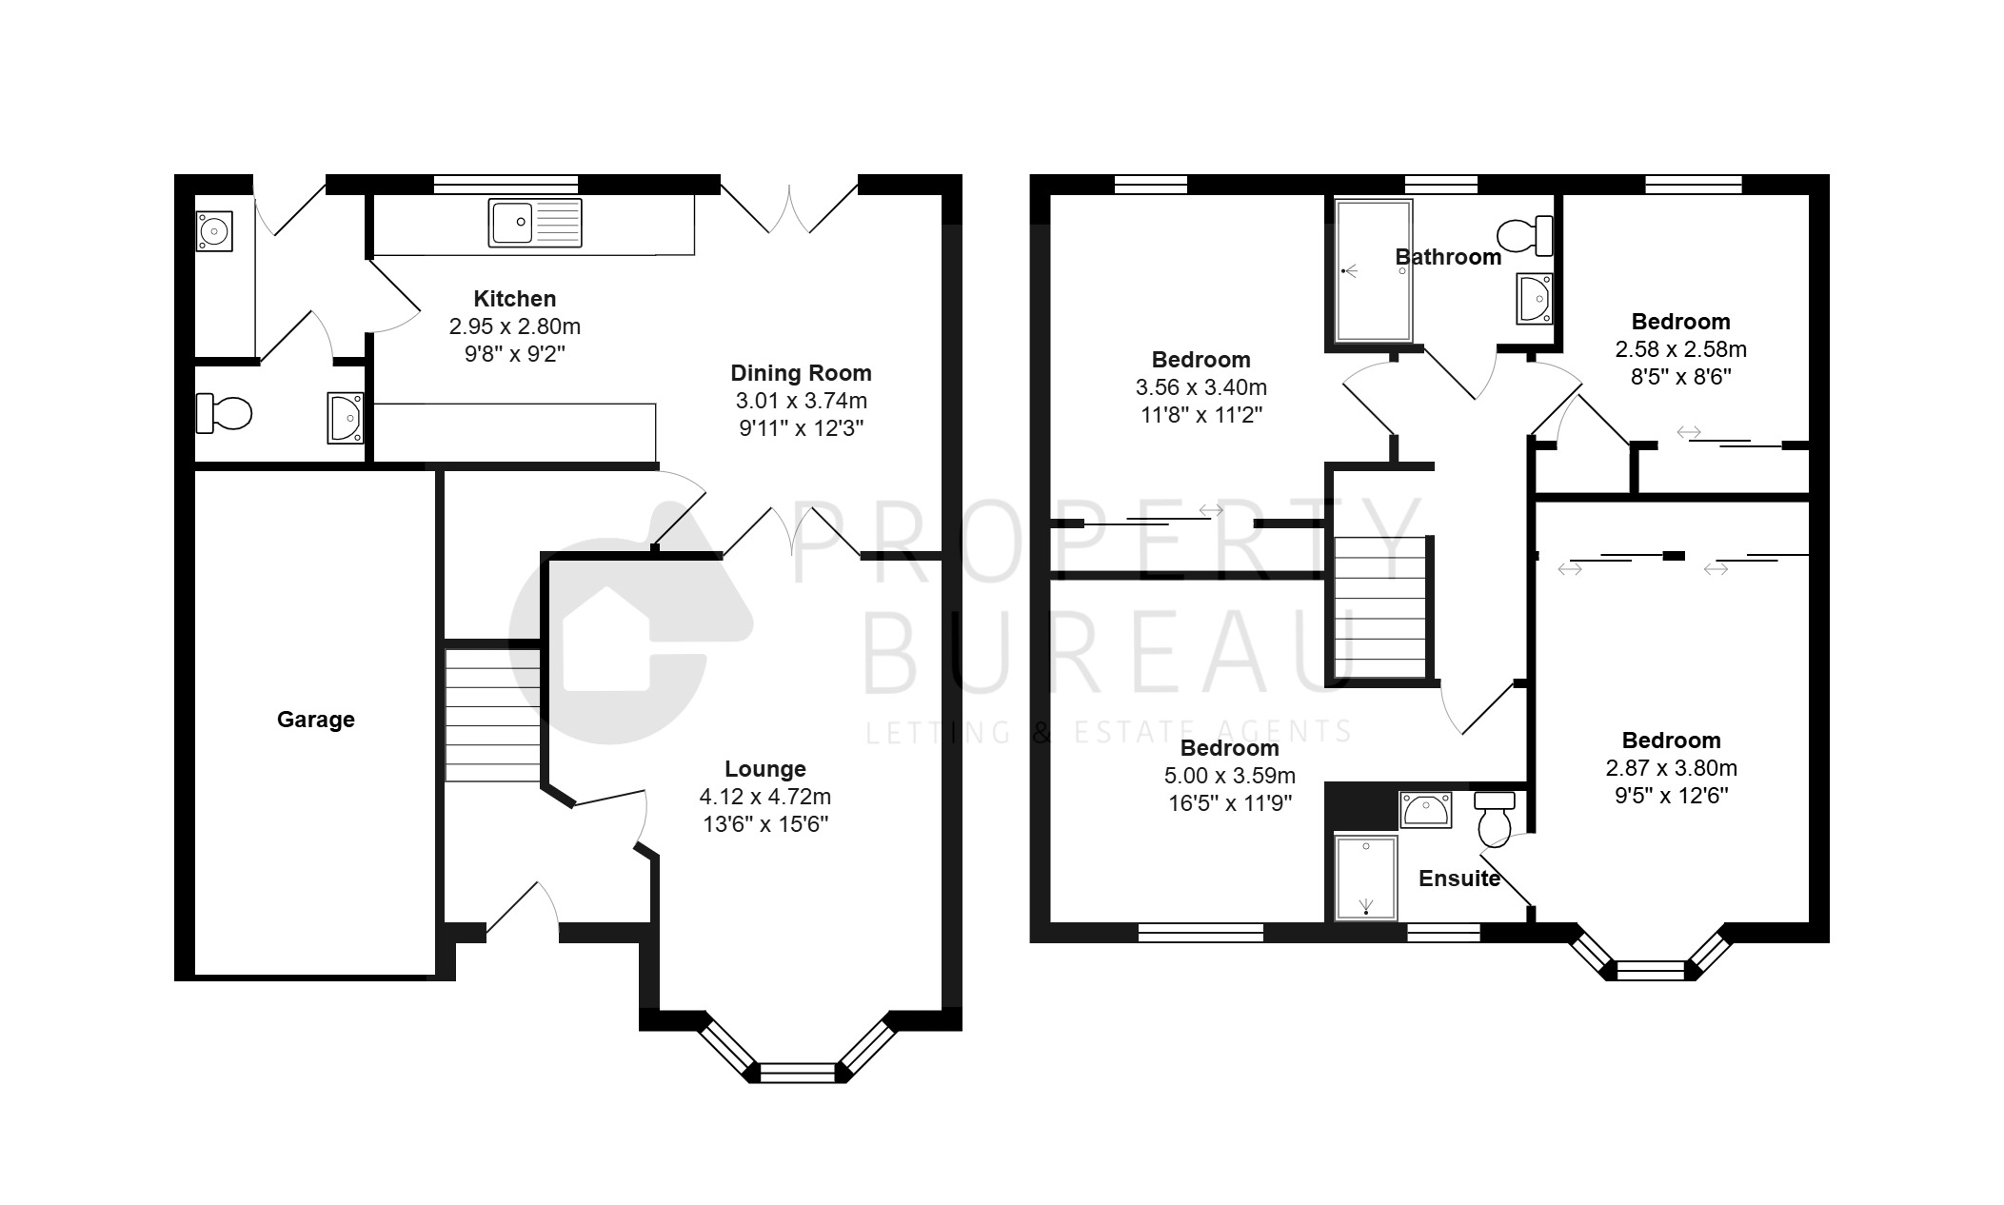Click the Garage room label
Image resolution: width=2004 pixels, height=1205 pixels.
[315, 720]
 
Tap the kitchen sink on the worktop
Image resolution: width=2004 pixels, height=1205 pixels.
[535, 223]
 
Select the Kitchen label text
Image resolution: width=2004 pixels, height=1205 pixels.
[514, 298]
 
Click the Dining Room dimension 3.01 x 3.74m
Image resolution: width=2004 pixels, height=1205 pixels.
[801, 401]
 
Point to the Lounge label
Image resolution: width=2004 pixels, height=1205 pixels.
[765, 769]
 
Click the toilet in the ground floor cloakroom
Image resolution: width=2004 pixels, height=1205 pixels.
[224, 413]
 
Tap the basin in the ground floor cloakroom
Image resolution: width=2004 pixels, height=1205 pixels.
[345, 418]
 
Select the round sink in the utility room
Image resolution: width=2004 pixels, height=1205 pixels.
[214, 230]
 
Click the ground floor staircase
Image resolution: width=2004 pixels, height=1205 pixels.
[493, 715]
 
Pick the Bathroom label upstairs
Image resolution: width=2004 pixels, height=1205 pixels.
[1448, 257]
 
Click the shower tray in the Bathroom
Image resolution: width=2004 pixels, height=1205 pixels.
[1374, 270]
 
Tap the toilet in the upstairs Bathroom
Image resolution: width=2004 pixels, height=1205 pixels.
[1525, 235]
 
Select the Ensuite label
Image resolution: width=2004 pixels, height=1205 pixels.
[1459, 879]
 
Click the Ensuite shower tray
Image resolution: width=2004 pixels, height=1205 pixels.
[1366, 878]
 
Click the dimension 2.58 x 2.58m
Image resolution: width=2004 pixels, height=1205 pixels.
[1680, 349]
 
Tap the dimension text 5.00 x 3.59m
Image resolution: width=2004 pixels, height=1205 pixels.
[1229, 776]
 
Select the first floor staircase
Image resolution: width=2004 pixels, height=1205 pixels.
[1380, 607]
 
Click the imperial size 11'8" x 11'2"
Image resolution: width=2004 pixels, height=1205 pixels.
[1201, 415]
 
